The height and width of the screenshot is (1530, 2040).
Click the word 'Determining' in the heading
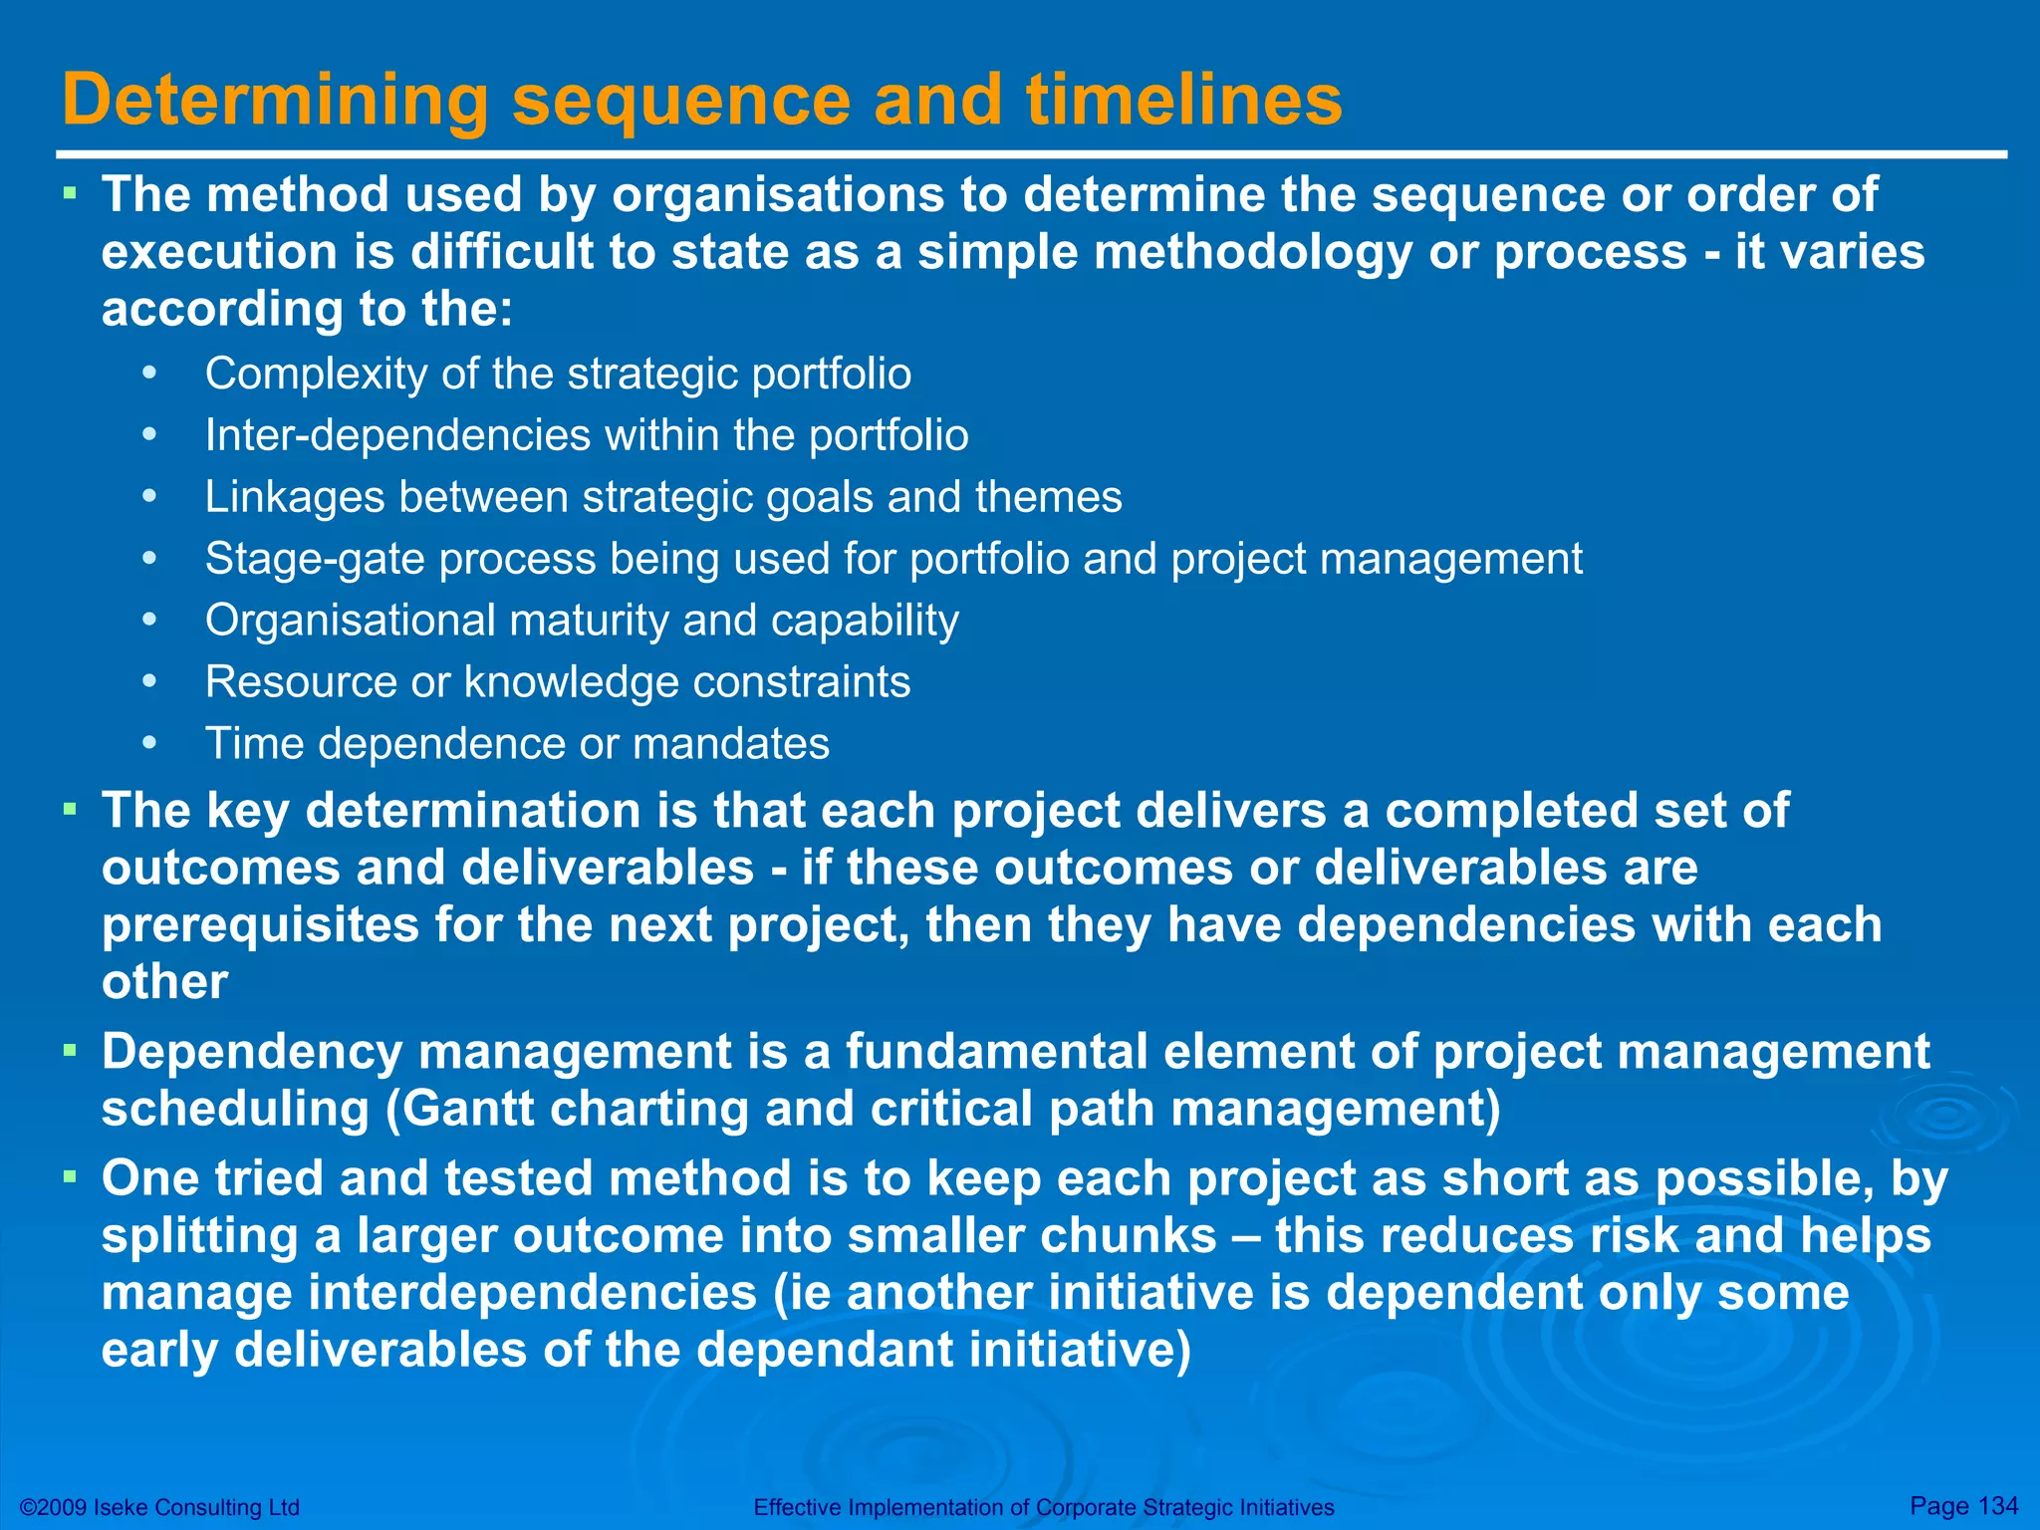[x=275, y=102]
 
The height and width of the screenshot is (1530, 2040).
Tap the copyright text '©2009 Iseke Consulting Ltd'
[x=160, y=1507]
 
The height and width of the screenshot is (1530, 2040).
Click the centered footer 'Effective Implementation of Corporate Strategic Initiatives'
[x=1043, y=1507]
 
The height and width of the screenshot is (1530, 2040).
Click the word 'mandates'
[x=730, y=744]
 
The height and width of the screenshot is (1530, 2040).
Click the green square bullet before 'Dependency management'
[x=70, y=1050]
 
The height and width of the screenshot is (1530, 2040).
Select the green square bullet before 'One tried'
[x=70, y=1177]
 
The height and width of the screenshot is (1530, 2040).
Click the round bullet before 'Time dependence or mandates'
[x=149, y=744]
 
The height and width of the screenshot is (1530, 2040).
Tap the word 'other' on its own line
[x=164, y=982]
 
